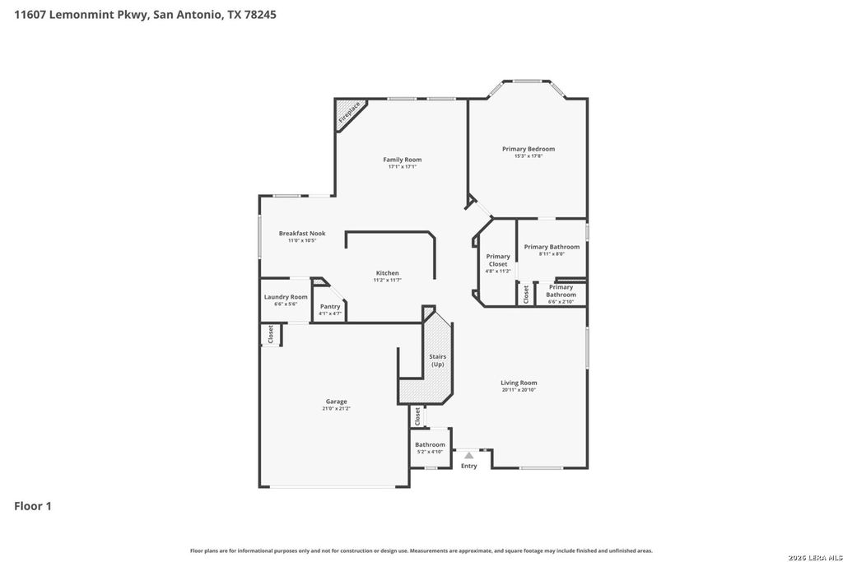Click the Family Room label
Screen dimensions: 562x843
point(403,160)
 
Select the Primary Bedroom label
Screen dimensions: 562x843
point(529,149)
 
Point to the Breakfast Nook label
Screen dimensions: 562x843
point(301,234)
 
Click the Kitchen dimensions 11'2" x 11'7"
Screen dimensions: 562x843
point(387,281)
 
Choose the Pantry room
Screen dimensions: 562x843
point(330,307)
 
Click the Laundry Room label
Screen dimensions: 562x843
point(286,297)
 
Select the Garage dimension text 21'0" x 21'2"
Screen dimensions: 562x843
point(336,409)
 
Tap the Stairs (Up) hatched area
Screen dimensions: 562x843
point(436,360)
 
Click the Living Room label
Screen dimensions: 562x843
point(519,383)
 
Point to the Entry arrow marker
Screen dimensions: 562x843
point(468,455)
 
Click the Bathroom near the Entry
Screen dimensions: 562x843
point(430,445)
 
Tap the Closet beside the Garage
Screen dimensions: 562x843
point(270,334)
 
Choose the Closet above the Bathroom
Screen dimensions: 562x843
point(418,416)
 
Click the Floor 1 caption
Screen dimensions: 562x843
point(33,506)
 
